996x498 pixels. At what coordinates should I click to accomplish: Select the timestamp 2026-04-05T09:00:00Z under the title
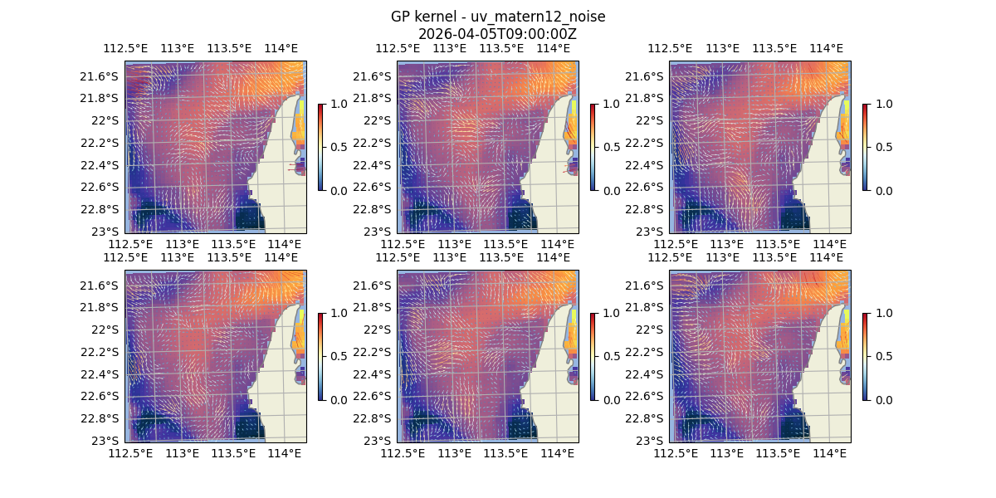pyautogui.click(x=497, y=34)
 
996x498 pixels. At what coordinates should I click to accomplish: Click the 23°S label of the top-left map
pyautogui.click(x=108, y=231)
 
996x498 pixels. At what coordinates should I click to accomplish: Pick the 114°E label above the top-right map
pyautogui.click(x=826, y=48)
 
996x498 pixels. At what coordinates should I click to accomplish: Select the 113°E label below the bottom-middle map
pyautogui.click(x=454, y=453)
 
